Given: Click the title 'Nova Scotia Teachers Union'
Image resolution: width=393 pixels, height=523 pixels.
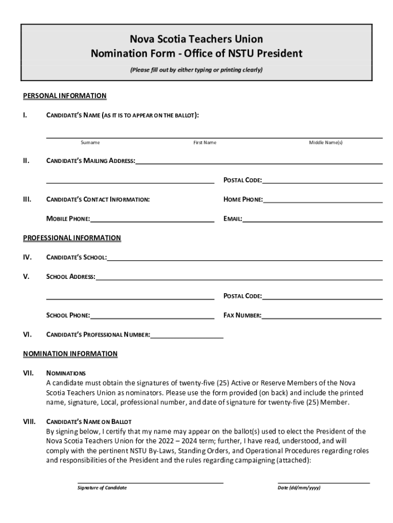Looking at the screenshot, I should [x=196, y=39].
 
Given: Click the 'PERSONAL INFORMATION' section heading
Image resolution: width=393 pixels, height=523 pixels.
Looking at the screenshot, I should [x=65, y=96].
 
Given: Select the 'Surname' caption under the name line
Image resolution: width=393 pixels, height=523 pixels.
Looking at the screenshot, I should [x=90, y=142].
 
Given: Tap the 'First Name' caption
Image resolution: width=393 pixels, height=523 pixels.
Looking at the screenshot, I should [x=205, y=142].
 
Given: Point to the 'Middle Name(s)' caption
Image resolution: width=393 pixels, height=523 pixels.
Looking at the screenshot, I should [x=326, y=142].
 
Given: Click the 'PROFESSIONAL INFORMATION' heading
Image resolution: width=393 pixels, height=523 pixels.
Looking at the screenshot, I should [x=72, y=237].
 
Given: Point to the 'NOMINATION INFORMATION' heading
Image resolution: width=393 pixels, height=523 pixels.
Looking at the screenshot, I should [x=70, y=353].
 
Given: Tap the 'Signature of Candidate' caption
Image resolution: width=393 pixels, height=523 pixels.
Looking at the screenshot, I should [x=102, y=488].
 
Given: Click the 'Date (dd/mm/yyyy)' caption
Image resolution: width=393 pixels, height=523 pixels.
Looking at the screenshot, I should [x=299, y=488].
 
